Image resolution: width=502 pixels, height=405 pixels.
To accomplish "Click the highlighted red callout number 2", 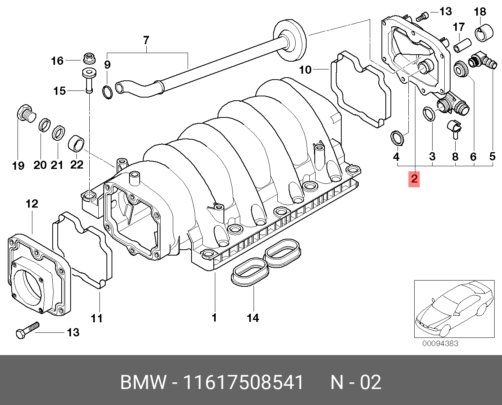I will [414, 179].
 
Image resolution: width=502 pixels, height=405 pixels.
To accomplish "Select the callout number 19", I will [18, 166].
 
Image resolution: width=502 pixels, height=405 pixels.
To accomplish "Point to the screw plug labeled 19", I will [26, 112].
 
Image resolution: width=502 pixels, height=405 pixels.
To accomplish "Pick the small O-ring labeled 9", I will [107, 92].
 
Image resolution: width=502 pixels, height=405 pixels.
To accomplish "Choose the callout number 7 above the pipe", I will [146, 40].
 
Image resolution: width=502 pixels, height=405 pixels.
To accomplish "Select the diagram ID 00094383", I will [440, 344].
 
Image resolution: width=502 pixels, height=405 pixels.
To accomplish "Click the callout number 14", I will [253, 318].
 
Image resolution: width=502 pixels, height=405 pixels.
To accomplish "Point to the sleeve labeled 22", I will [76, 143].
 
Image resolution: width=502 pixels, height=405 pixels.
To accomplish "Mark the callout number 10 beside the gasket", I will [305, 70].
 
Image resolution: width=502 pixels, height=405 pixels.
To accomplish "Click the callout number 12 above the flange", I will [32, 204].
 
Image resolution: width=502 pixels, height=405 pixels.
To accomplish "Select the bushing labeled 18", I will [483, 33].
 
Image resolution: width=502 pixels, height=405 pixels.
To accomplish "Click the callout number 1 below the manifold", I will [214, 318].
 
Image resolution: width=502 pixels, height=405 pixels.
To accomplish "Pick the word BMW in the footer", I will [143, 382].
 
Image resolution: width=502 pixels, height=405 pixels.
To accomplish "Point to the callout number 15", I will [59, 91].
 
